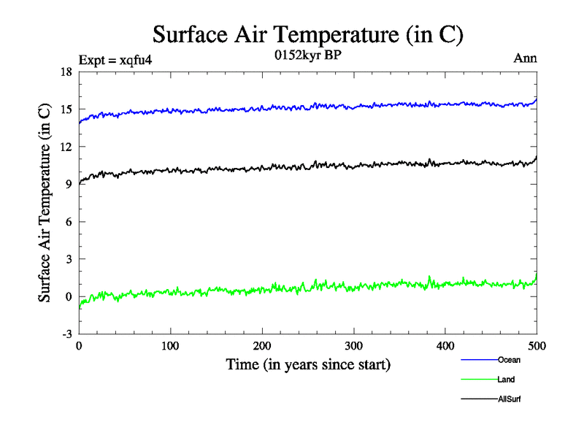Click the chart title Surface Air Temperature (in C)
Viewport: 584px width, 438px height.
(x=307, y=34)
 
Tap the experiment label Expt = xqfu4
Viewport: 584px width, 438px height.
(x=115, y=59)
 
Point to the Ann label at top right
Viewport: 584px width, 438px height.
(x=526, y=58)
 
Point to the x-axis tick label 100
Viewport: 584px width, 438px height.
(x=170, y=346)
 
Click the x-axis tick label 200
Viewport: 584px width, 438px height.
(x=262, y=346)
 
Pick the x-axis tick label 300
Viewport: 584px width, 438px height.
(x=353, y=346)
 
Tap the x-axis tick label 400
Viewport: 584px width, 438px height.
(x=445, y=346)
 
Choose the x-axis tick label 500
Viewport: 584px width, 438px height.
(x=537, y=346)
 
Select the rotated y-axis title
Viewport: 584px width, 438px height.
(x=45, y=203)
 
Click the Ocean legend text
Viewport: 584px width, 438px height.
(x=509, y=360)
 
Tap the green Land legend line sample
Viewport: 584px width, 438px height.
(x=479, y=380)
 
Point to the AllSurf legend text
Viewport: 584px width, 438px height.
(x=510, y=399)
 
